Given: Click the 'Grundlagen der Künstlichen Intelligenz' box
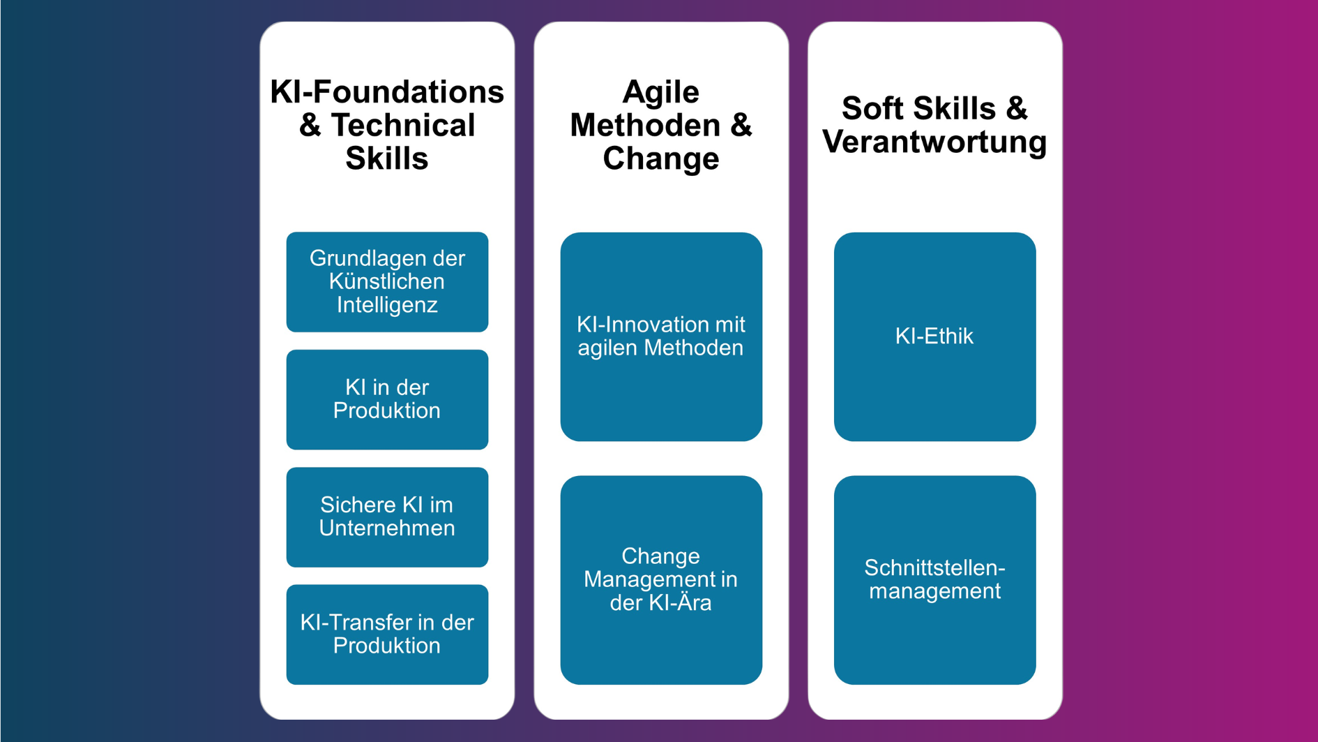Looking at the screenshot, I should (387, 281).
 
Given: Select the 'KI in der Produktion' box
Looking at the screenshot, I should (387, 399).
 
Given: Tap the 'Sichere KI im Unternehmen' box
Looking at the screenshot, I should (387, 517).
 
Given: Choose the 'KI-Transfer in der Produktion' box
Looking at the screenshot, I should (387, 634).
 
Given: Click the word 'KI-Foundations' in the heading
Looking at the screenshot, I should (387, 91).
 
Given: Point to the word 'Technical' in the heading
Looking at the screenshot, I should (402, 126).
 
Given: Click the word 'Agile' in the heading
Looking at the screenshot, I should (660, 91).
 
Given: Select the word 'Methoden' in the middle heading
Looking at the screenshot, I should (645, 126).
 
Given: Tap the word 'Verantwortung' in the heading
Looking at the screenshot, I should (934, 142).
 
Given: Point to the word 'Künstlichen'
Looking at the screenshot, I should (387, 281).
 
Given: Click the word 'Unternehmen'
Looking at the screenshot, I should (387, 528).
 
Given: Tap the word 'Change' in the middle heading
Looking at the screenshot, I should (660, 158).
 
